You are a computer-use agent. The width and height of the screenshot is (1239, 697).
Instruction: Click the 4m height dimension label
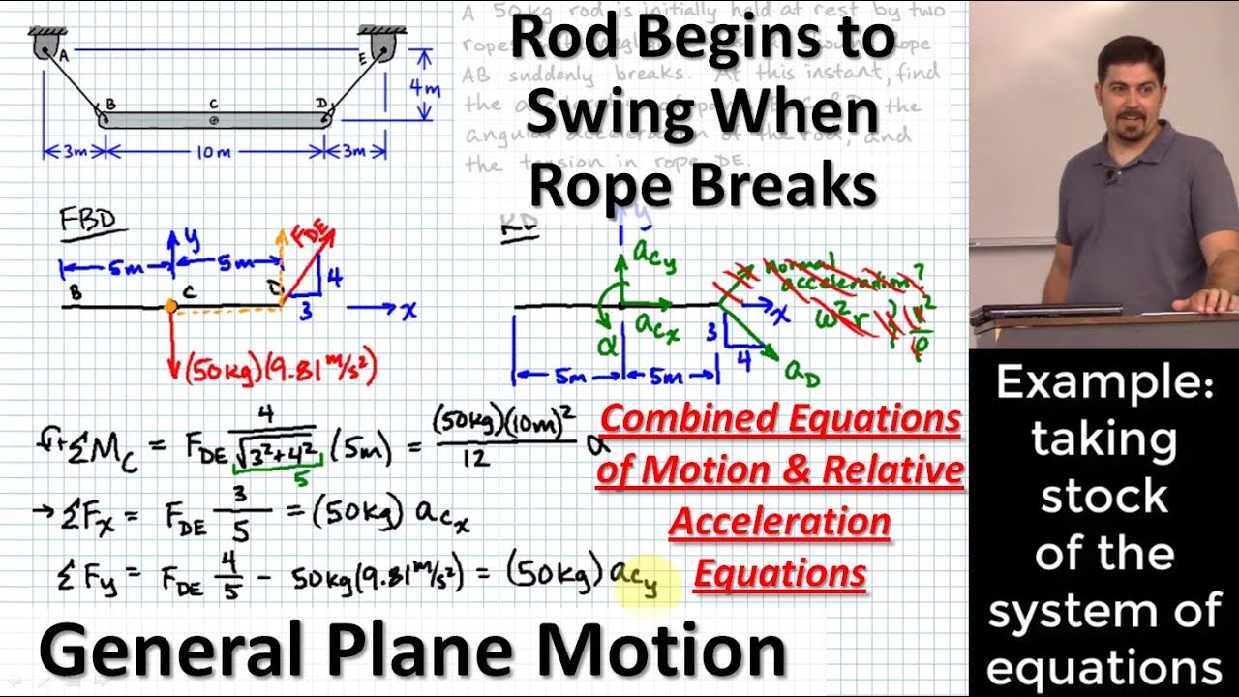pyautogui.click(x=423, y=88)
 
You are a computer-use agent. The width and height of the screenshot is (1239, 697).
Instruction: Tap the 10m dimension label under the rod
pyautogui.click(x=214, y=152)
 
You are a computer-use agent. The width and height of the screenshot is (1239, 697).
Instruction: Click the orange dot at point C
pyautogui.click(x=170, y=306)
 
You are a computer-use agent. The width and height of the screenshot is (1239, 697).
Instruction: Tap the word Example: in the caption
pyautogui.click(x=1103, y=384)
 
